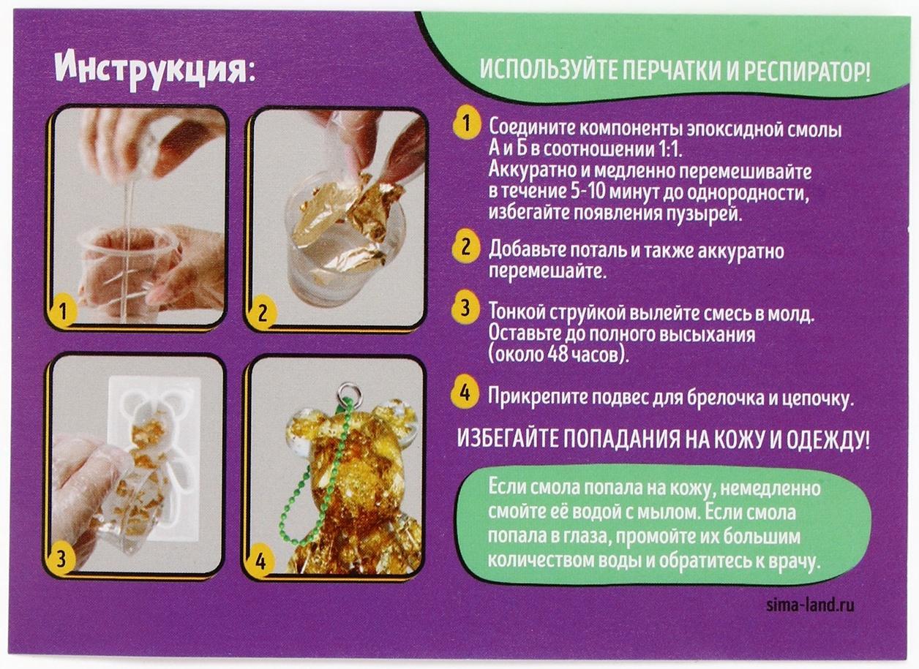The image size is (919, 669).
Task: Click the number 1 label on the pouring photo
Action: [x=64, y=312]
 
